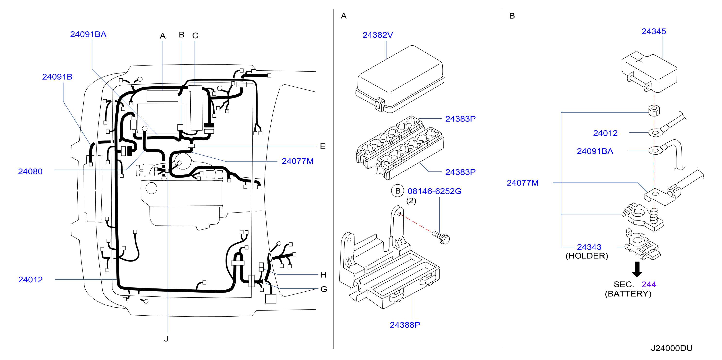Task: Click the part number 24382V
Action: pyautogui.click(x=378, y=35)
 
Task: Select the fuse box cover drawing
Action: pyautogui.click(x=400, y=79)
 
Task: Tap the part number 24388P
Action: pyautogui.click(x=405, y=325)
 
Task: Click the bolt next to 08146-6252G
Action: pyautogui.click(x=441, y=237)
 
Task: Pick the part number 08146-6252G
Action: pyautogui.click(x=434, y=191)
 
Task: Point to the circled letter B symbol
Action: pyautogui.click(x=398, y=191)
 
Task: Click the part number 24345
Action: pyautogui.click(x=654, y=31)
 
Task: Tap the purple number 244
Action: pyautogui.click(x=649, y=284)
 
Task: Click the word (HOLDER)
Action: pyautogui.click(x=587, y=256)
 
